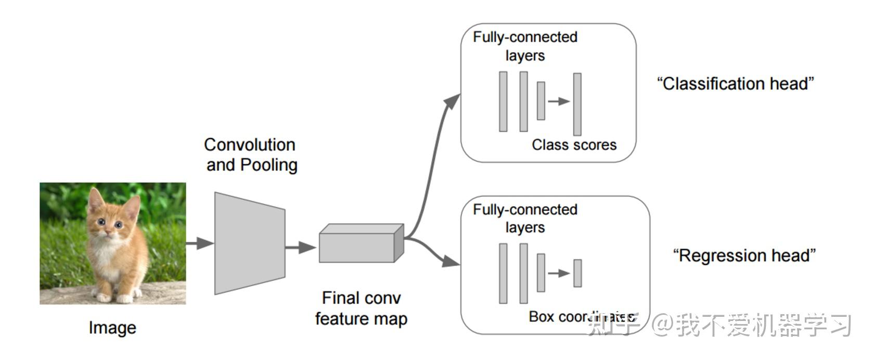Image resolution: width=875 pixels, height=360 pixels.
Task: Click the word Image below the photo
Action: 112,328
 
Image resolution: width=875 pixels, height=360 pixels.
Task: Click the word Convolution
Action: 249,145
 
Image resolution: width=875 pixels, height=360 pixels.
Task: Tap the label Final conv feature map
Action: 361,308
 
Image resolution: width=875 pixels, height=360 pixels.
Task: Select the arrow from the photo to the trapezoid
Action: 200,243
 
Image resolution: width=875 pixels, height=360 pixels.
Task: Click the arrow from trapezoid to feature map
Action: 301,247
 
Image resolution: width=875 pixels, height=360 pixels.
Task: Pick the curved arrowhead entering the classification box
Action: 453,101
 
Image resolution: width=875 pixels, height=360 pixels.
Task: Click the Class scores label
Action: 574,145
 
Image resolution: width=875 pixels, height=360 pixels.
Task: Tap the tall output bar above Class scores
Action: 577,104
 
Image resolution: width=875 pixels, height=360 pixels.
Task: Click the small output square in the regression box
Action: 577,273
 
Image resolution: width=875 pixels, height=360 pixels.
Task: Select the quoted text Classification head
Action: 735,84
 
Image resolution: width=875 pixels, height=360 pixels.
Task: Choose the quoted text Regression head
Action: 744,255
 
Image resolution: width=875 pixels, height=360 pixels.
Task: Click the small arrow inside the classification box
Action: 559,101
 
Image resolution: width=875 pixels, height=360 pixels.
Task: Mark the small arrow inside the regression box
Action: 559,273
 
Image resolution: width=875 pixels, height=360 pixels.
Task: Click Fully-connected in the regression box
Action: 525,210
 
